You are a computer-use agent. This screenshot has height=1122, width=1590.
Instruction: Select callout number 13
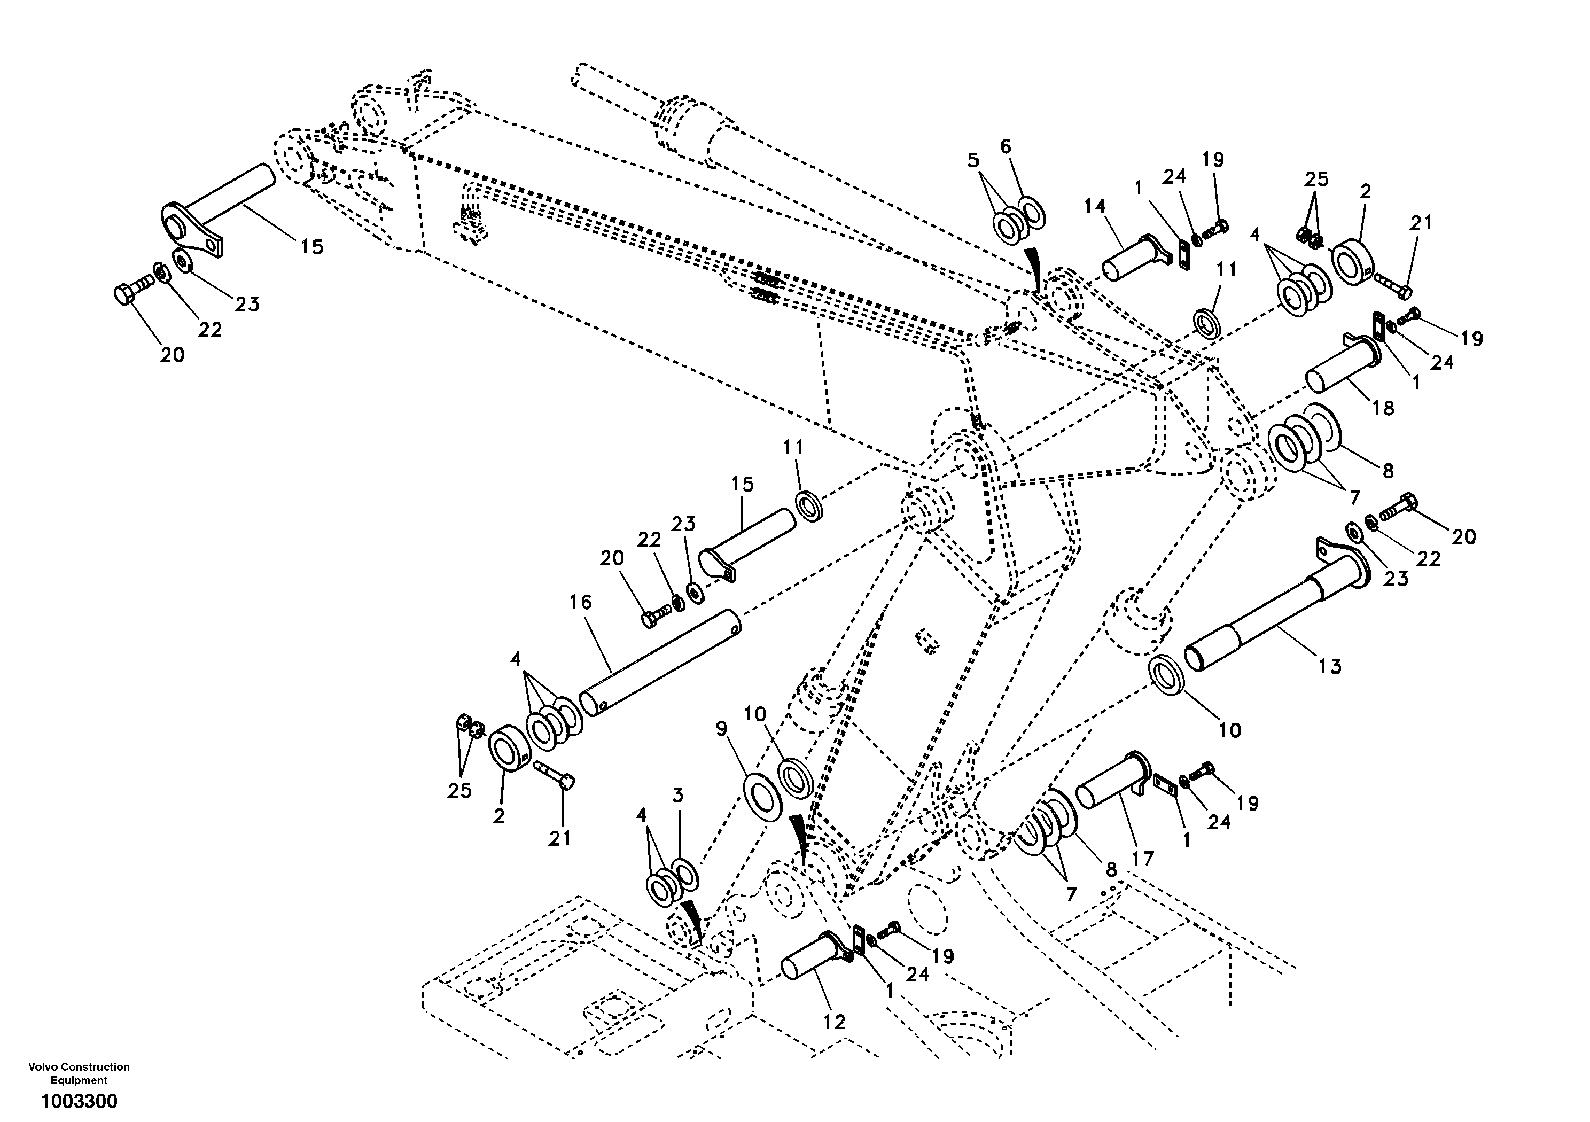click(x=1330, y=666)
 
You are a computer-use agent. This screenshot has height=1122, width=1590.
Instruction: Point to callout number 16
click(x=580, y=603)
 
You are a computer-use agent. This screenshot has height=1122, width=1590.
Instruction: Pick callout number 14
click(x=1114, y=206)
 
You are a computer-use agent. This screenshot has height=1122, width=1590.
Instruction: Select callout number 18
click(x=1382, y=408)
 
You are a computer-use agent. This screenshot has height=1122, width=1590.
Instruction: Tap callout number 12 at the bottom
click(x=834, y=1022)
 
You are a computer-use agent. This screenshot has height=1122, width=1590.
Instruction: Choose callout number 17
click(x=1143, y=859)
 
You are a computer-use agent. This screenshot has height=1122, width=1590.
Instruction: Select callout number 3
click(x=677, y=795)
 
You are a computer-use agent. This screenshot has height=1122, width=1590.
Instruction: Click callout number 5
click(x=973, y=161)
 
